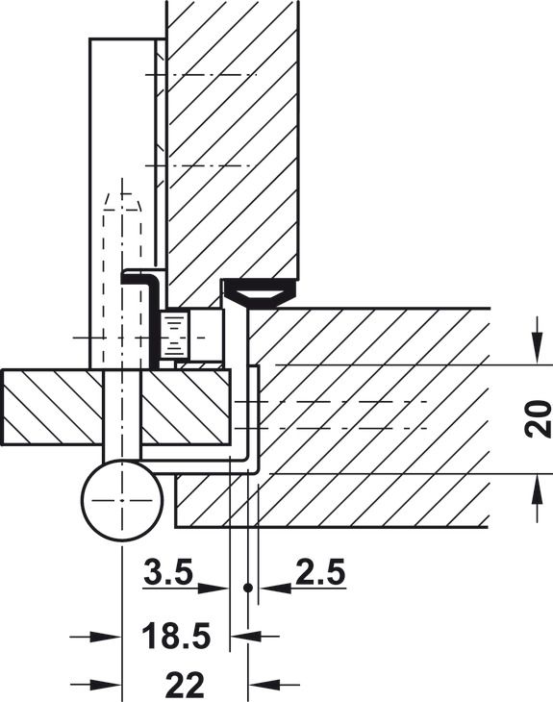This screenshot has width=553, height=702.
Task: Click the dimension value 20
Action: tap(538, 419)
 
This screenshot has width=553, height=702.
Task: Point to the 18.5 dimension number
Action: tap(176, 636)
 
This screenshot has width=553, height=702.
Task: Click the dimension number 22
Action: tap(185, 685)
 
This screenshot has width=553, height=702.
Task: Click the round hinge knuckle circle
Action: tap(122, 500)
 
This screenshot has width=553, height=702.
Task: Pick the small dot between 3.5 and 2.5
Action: tap(247, 588)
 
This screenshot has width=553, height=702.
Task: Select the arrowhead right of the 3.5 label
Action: tap(214, 588)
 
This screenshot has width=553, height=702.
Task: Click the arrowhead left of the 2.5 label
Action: tap(275, 588)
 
